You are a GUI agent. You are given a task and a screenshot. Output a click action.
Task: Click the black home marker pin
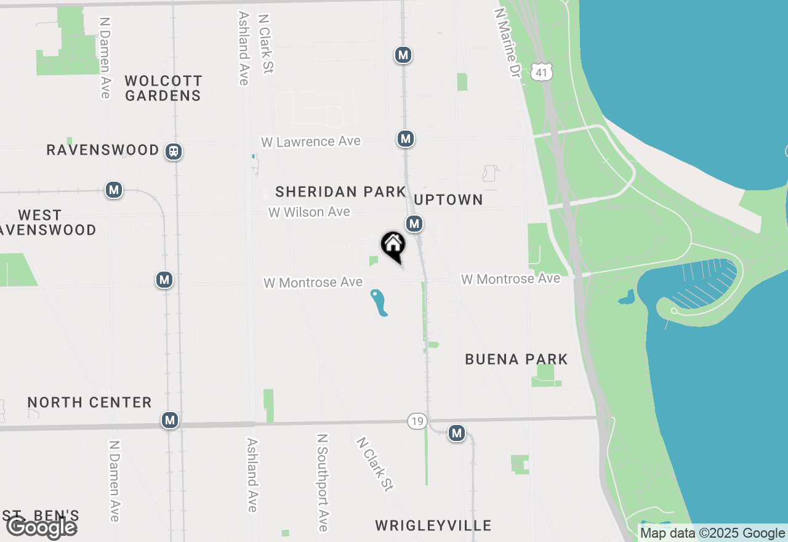pos(393,246)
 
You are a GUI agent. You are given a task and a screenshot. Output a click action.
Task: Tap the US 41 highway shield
pos(541,72)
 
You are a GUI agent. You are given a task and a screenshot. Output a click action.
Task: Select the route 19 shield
pos(417,421)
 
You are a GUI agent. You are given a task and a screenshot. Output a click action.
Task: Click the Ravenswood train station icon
pos(174,151)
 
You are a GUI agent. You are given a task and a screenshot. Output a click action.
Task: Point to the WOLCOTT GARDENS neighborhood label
pos(163,88)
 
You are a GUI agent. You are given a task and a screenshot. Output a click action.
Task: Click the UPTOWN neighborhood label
pos(448,200)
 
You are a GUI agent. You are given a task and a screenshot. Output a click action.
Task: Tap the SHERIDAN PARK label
pos(340,192)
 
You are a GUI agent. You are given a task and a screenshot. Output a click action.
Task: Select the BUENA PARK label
pos(517,359)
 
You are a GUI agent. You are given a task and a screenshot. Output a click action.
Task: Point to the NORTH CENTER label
pos(90,402)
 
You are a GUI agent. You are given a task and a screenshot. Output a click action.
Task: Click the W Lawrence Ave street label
pos(311,142)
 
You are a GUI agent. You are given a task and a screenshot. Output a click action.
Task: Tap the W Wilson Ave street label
pos(309,212)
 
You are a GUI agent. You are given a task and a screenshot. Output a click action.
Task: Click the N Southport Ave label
pos(322,482)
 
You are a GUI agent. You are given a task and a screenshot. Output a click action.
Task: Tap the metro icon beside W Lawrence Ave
pos(405,139)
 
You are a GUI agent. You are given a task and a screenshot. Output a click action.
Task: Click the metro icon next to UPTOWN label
pos(414,223)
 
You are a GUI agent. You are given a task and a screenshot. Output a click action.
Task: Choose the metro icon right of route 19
pos(456,433)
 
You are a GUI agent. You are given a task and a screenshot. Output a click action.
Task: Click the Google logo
pos(41,528)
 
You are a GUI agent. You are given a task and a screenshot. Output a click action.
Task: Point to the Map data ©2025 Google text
pos(712,533)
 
